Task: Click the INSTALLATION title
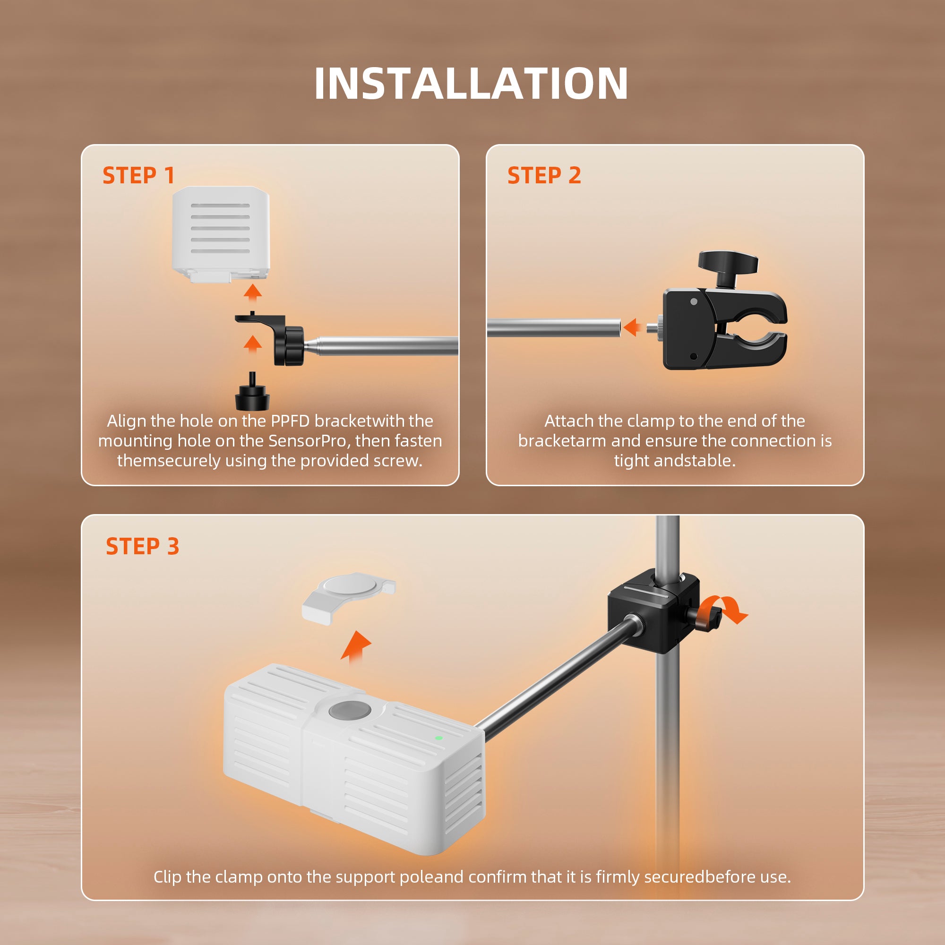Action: point(471,84)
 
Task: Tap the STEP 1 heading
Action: point(138,176)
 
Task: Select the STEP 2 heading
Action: point(544,176)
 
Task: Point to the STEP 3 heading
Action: point(142,546)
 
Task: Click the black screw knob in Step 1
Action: point(252,395)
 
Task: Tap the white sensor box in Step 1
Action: point(221,232)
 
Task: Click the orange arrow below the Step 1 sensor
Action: point(253,292)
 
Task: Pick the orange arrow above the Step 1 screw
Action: point(252,344)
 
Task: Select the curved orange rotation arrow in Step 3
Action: point(724,610)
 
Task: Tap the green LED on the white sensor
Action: point(439,738)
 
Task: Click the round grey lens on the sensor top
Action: point(349,711)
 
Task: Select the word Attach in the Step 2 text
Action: point(569,421)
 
